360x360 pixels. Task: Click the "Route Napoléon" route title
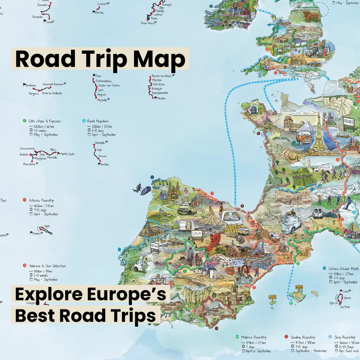(98, 121)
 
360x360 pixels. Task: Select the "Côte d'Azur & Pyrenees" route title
(44, 121)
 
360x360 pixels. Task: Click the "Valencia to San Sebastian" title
(47, 265)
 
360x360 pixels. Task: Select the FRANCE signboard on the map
(348, 122)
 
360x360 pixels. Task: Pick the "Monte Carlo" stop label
(67, 154)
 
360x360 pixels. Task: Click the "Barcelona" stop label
(30, 164)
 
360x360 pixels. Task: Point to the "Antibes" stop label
(104, 165)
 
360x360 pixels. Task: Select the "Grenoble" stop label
(100, 143)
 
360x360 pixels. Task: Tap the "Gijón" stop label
(47, 226)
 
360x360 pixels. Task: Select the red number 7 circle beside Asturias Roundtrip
(24, 200)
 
